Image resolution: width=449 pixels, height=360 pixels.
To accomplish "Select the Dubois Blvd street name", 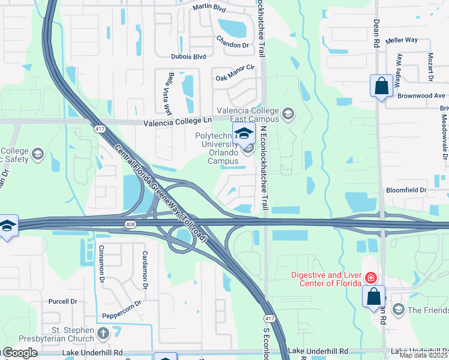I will point(188,56).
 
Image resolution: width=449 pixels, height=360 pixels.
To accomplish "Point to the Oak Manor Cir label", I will point(235,73).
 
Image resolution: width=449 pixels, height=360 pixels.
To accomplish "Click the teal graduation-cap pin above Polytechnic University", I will point(244,133).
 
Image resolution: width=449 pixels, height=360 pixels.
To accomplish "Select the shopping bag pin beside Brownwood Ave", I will point(381,86).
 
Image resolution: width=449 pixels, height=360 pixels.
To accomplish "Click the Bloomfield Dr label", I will point(406,190).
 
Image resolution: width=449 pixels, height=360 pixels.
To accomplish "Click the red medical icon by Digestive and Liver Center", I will point(371,278).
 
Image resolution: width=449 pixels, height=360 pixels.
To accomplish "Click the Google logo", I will point(20,353).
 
